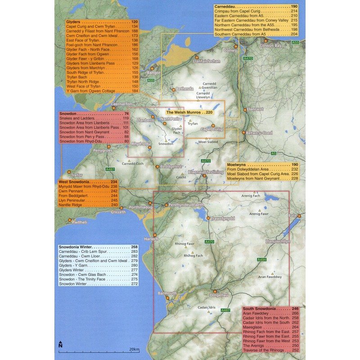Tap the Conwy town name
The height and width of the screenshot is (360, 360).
(230, 50)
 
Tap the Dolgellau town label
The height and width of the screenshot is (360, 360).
(232, 295)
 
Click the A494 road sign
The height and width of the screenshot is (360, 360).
(262, 260)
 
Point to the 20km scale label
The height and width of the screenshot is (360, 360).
(134, 349)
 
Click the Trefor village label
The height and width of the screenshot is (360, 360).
(76, 174)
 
